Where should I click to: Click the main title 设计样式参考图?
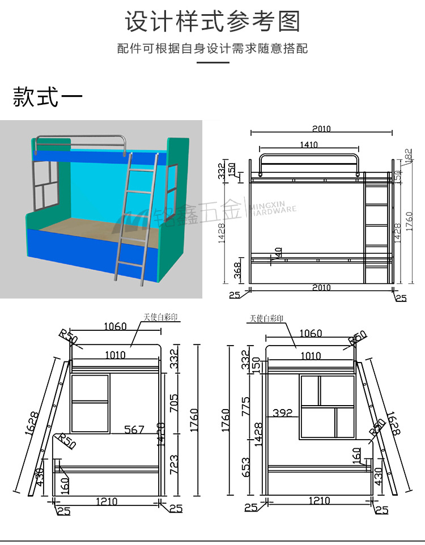coord(212,22)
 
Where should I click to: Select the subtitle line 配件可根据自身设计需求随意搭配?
coord(212,49)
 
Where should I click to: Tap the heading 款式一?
coord(48,97)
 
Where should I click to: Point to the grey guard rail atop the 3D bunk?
coord(79,139)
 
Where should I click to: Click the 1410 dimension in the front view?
coord(309,145)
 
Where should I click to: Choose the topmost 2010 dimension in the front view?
coord(321,129)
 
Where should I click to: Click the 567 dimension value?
coord(134,430)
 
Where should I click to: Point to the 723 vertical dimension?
coord(175,465)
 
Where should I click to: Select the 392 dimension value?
coord(282,413)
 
